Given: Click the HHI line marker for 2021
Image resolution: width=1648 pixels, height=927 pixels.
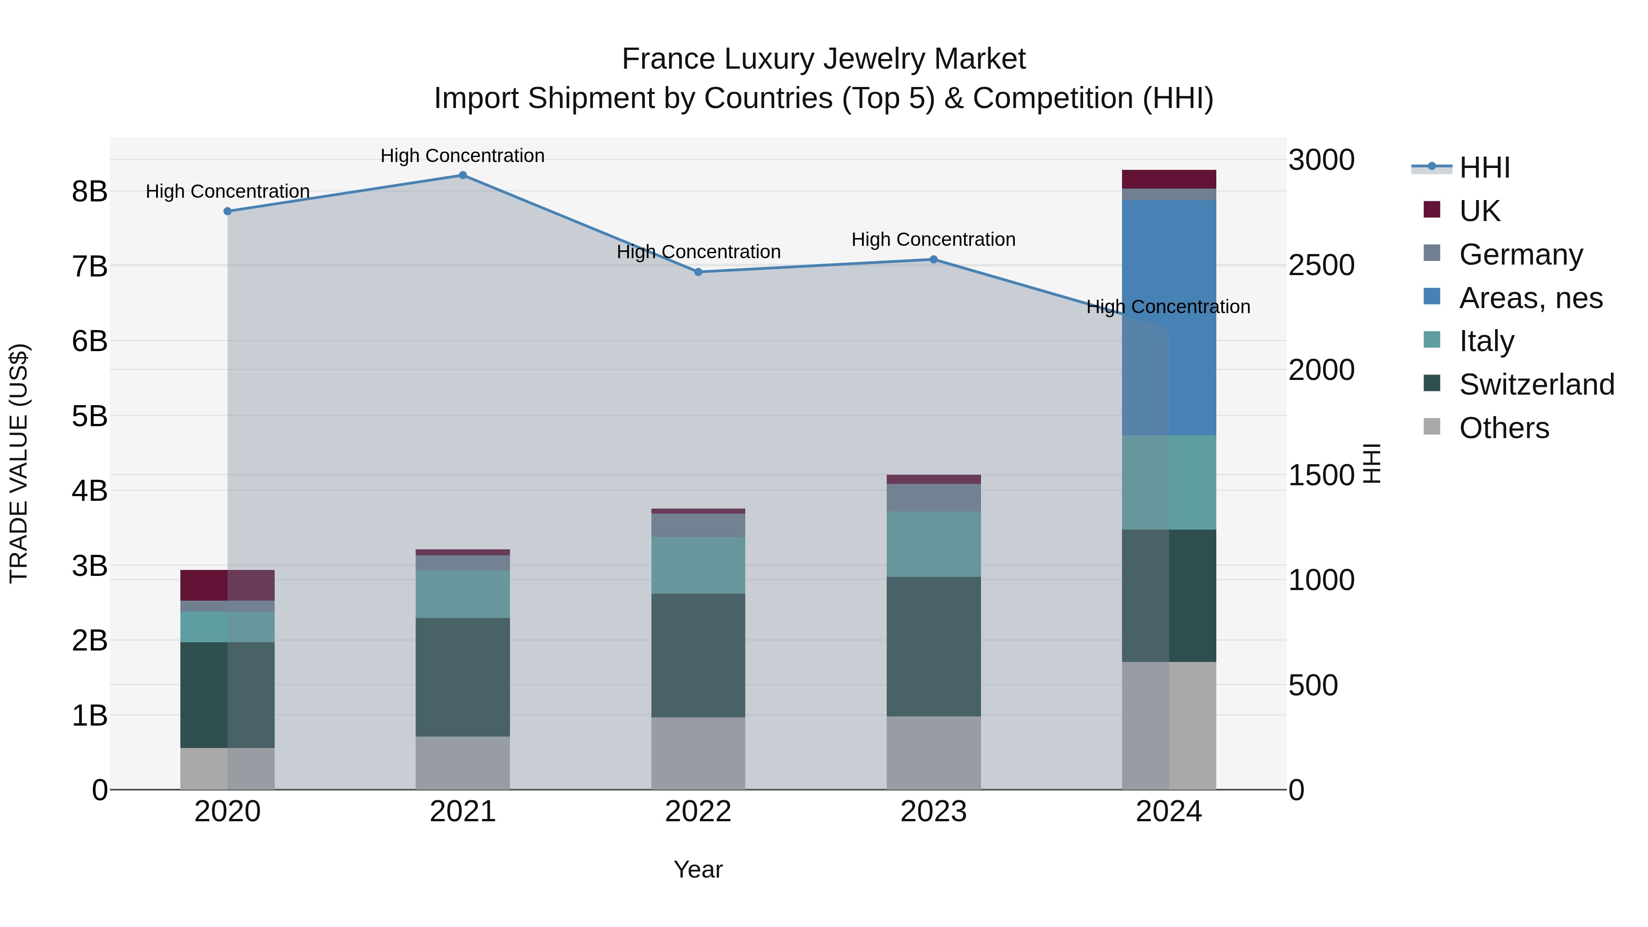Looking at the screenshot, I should click(462, 175).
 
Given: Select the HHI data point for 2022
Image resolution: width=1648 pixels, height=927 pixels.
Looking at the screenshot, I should click(698, 272).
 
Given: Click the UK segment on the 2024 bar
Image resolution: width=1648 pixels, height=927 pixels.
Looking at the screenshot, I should click(1169, 179).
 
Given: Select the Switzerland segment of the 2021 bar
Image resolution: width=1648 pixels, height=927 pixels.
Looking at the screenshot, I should click(462, 677).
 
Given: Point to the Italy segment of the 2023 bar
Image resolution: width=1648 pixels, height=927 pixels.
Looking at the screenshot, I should click(933, 544).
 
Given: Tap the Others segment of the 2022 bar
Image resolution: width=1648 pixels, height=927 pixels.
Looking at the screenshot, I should click(698, 753).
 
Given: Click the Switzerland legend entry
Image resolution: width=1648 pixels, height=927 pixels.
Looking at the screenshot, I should click(1536, 385).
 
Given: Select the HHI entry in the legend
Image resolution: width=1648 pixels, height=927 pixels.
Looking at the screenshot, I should click(1484, 168).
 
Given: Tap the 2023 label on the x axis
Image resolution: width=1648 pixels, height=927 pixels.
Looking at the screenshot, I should click(933, 812).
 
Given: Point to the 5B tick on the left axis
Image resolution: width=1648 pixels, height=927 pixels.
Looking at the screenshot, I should click(90, 417).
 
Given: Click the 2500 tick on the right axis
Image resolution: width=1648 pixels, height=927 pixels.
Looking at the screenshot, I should click(1321, 266).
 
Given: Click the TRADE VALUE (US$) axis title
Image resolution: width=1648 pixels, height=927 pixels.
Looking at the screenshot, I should click(19, 463).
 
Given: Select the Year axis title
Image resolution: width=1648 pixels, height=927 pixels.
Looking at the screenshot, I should click(698, 869).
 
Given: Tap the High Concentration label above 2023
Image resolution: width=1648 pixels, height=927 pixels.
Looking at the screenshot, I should click(933, 240).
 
